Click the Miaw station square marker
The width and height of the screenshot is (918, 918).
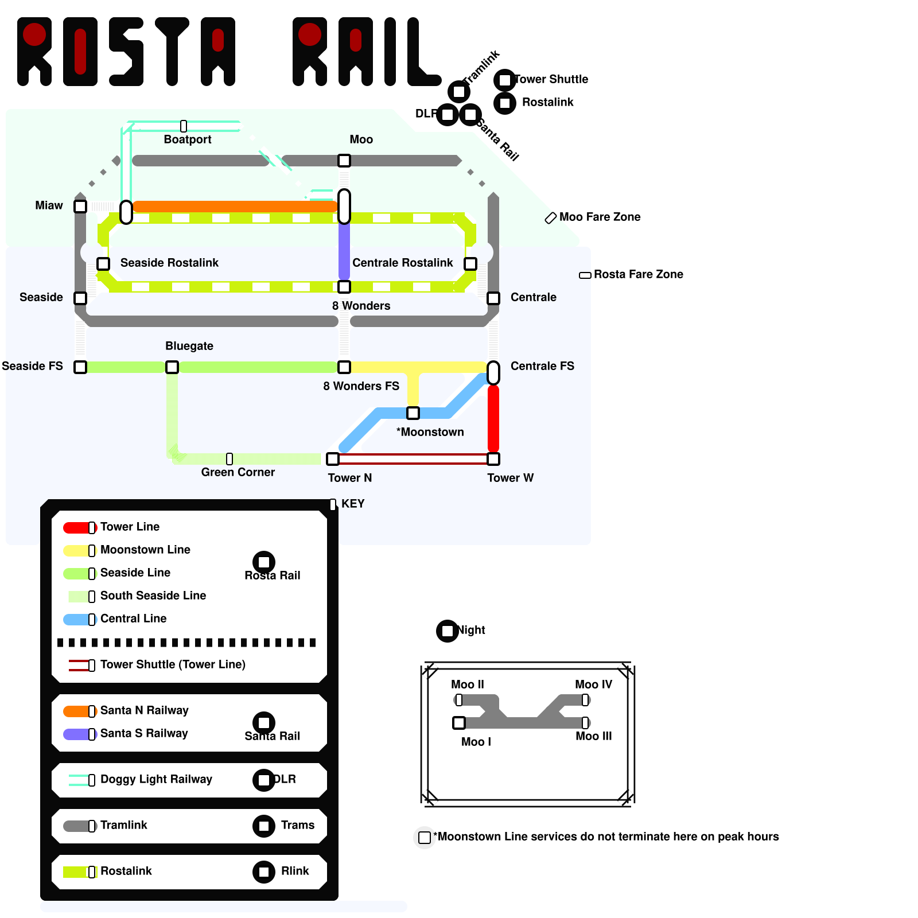click(80, 207)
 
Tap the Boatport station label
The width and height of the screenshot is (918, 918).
click(188, 139)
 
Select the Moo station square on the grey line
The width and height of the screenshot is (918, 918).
click(344, 161)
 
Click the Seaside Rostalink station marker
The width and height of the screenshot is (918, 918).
click(103, 264)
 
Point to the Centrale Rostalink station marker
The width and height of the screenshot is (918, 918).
click(470, 264)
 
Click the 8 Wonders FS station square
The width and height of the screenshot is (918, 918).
click(344, 367)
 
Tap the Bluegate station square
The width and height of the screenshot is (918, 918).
click(172, 367)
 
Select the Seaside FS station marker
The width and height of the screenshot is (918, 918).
click(80, 367)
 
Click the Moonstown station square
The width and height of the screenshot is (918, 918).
click(413, 413)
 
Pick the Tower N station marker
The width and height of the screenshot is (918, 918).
click(333, 459)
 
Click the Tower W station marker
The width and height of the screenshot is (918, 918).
click(493, 459)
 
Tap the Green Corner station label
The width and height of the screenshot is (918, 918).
click(238, 472)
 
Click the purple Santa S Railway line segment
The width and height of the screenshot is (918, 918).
click(344, 251)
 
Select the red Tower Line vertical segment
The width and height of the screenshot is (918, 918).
click(493, 419)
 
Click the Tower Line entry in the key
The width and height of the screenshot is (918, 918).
click(130, 527)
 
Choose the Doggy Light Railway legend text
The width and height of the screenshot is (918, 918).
click(156, 779)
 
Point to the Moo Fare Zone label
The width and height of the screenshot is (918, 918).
click(600, 217)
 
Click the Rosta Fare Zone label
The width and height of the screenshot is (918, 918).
click(638, 274)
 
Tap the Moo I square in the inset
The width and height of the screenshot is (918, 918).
click(459, 723)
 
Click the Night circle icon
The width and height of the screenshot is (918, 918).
click(448, 631)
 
